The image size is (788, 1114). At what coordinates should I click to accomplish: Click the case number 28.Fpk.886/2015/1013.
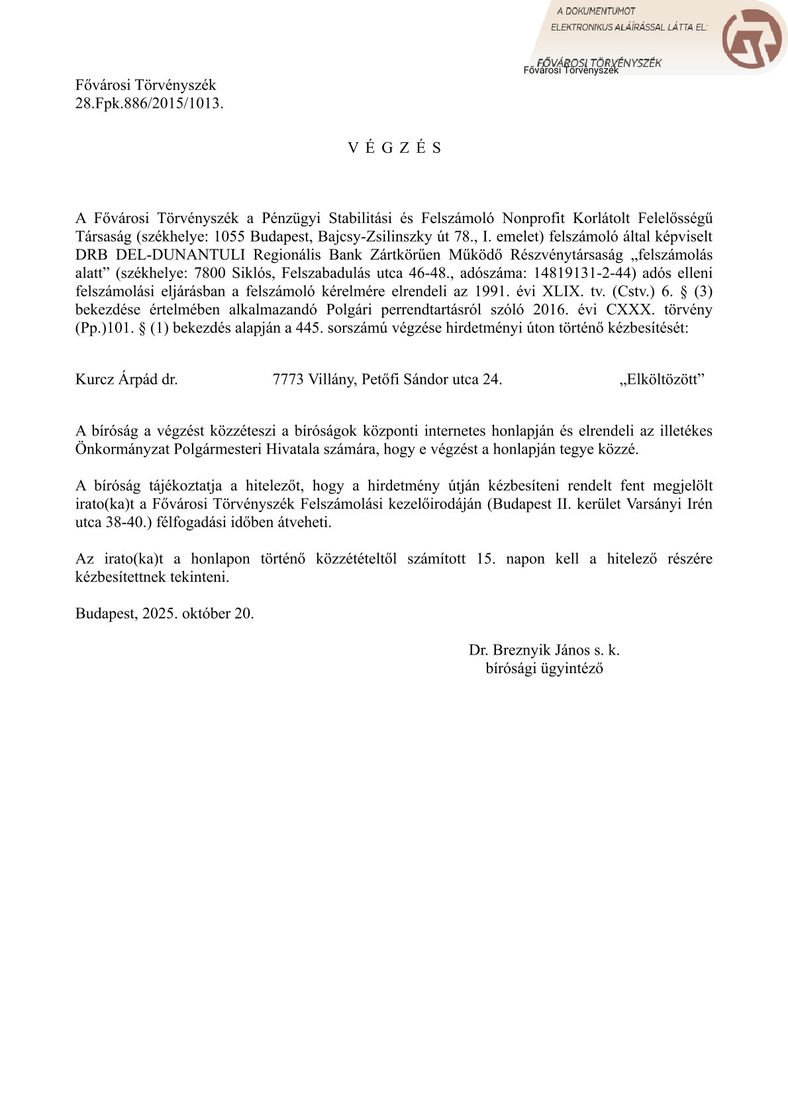click(149, 103)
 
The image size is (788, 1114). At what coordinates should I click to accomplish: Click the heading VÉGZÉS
click(395, 148)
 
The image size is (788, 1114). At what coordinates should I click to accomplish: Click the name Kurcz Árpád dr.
click(126, 379)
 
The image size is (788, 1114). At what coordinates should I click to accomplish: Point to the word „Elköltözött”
click(662, 379)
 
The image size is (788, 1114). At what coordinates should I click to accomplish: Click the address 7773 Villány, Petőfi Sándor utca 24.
click(387, 379)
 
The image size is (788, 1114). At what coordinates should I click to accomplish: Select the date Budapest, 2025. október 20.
click(164, 613)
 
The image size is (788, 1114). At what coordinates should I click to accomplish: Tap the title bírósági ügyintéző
click(544, 668)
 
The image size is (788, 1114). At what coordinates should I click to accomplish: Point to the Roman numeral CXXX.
click(628, 309)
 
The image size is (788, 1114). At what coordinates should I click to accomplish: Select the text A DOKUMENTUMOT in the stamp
click(595, 11)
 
